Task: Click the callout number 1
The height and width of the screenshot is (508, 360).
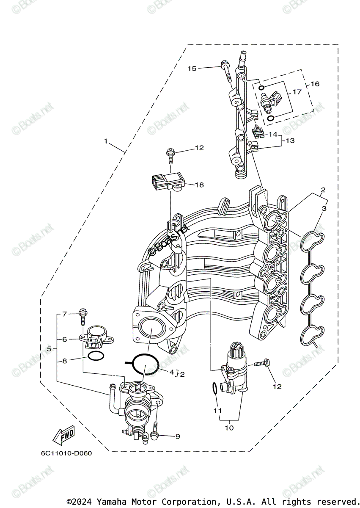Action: pos(106,141)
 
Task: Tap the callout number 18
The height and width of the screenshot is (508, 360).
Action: pos(199,185)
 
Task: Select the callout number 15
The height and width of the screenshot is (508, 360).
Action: pos(192,68)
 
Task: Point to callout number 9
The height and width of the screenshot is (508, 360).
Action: pos(177,436)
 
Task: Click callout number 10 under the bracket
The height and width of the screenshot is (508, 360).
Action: pos(229,428)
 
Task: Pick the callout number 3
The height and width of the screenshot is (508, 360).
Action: pos(324,208)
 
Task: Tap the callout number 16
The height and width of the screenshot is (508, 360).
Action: pos(315,84)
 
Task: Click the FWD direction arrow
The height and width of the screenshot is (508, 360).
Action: pos(63,435)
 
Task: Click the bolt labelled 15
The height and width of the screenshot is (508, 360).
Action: pos(226,72)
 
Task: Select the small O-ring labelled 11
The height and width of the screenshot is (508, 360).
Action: pos(214,387)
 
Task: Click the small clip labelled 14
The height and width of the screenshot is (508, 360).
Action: pos(258,132)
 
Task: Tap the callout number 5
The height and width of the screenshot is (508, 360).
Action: pos(49,349)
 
